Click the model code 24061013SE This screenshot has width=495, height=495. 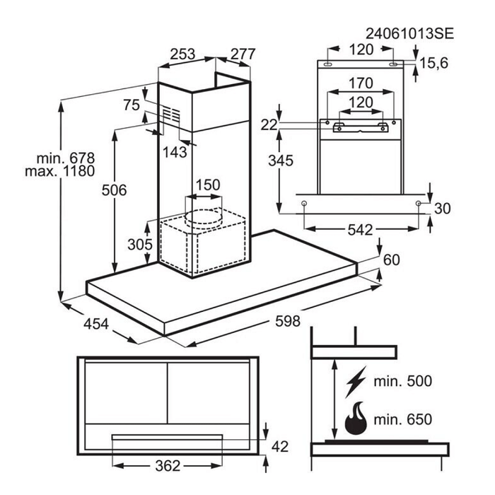(409, 33)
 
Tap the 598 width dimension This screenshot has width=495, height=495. (287, 321)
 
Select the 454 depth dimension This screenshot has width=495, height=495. (96, 324)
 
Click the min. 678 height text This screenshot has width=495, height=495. (66, 158)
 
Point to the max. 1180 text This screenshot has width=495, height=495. (59, 171)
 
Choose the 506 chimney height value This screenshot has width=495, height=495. (114, 190)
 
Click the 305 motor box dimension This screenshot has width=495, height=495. (140, 245)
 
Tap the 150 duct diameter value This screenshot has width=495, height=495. (208, 185)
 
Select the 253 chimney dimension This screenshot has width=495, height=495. (182, 54)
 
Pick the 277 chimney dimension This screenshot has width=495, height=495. (243, 54)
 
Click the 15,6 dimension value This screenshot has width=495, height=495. (433, 64)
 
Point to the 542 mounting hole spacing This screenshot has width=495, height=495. (360, 230)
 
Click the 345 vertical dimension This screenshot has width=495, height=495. (281, 161)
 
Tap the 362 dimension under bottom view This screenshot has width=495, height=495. (168, 466)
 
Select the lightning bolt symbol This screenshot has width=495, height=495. (356, 381)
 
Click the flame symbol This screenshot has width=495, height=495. (356, 419)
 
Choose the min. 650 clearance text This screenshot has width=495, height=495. (402, 419)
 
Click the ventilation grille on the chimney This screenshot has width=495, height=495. (171, 115)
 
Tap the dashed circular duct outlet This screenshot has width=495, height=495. (204, 217)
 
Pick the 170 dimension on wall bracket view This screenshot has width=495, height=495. (361, 83)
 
